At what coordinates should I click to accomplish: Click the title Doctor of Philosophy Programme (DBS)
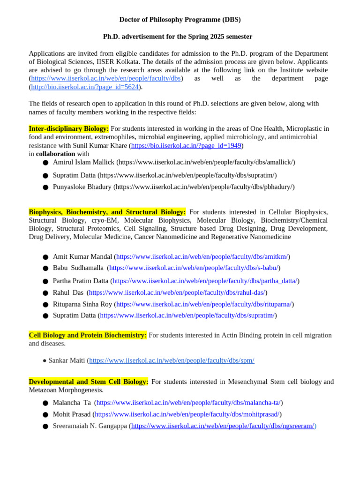pos(180,20)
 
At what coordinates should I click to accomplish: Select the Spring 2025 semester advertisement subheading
pos(178,37)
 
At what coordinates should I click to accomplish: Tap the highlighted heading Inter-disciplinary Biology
pos(69,128)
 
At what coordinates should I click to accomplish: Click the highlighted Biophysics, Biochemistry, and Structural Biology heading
pos(107,212)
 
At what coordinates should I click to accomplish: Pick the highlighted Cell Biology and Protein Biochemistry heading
pos(88,335)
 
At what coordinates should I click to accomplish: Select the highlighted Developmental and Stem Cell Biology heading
pos(89,382)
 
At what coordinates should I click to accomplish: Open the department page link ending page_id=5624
pos(85,87)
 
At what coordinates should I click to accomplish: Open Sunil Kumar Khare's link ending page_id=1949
pos(186,146)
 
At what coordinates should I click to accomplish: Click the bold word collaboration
pos(55,154)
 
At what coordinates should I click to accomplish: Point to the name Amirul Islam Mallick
pos(83,162)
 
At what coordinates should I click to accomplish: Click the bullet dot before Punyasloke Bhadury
pos(45,187)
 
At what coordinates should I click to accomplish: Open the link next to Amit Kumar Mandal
pos(202,257)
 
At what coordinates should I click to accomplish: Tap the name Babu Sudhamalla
pos(78,268)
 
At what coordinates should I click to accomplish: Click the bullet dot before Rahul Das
pos(45,293)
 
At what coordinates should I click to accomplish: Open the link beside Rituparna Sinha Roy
pos(204,304)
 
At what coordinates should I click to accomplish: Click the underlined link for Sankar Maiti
pos(172,360)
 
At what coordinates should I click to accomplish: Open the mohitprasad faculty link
pos(187,414)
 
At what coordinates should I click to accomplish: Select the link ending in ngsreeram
pos(223,426)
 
